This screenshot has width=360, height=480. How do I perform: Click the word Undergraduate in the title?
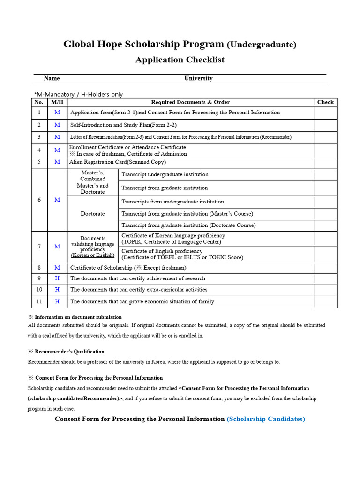click(262, 45)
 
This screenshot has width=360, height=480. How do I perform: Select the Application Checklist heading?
click(180, 60)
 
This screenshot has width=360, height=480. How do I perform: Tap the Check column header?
click(325, 102)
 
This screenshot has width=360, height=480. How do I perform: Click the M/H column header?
click(57, 102)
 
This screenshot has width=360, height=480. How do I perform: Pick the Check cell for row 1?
click(325, 112)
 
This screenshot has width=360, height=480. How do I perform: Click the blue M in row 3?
click(57, 137)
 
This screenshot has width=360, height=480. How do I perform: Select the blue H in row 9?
click(57, 278)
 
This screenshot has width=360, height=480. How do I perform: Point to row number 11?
click(39, 301)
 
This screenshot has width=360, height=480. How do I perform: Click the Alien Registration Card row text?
click(117, 162)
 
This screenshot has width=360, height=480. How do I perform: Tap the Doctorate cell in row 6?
click(93, 214)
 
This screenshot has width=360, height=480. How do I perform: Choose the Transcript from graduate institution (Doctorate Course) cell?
click(188, 225)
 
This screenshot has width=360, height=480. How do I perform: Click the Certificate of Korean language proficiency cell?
click(173, 239)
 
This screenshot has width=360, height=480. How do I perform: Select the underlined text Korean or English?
click(93, 255)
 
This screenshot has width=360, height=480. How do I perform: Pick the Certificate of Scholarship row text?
click(128, 268)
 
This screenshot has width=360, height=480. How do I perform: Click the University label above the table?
click(198, 78)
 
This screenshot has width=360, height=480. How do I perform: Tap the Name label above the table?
click(52, 78)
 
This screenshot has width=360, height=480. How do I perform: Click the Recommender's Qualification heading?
click(69, 352)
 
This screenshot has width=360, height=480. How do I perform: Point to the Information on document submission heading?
click(78, 317)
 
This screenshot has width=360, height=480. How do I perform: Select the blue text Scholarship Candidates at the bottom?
click(266, 419)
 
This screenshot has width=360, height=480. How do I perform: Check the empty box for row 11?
click(325, 301)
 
